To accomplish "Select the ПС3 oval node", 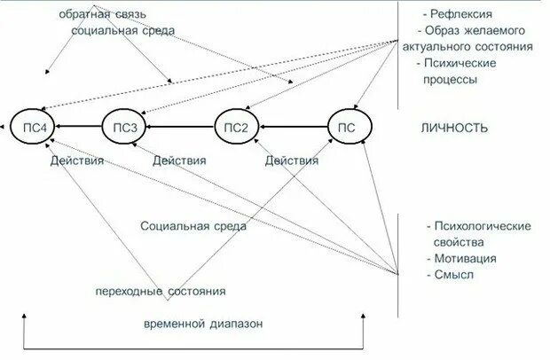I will (x=123, y=129).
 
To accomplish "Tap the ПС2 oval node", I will (x=238, y=129).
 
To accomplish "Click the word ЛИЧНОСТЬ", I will (x=454, y=129).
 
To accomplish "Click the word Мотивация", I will (x=465, y=259).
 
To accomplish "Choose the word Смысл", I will (x=454, y=275).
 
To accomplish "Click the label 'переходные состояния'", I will (x=161, y=291).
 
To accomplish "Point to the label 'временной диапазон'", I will (x=203, y=324).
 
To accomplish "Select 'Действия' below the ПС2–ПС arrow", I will (x=292, y=161).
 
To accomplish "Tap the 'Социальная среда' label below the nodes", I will (x=192, y=226).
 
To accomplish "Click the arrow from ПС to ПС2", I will (x=294, y=129).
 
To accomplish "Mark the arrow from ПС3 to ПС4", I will (x=78, y=129).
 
